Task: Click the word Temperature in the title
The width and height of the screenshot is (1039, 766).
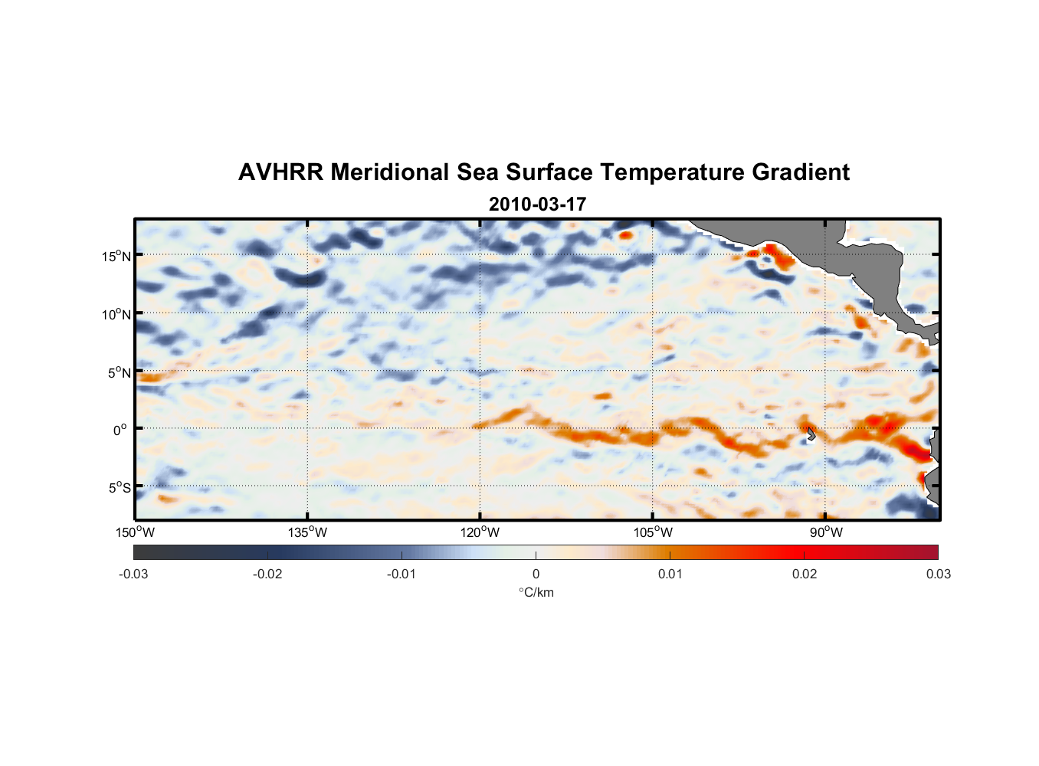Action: point(673,172)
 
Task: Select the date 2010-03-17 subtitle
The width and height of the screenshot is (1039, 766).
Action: point(537,205)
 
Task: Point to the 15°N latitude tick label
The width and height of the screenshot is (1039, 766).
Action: point(116,256)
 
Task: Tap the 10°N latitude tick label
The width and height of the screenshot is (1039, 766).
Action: point(116,314)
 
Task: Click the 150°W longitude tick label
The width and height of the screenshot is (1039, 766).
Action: point(136,532)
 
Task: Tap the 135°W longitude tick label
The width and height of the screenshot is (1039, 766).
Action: point(308,532)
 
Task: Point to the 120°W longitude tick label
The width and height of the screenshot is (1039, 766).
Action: point(480,532)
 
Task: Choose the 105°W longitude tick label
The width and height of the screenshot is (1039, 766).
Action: point(653,532)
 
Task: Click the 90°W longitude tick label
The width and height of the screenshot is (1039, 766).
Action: point(826,532)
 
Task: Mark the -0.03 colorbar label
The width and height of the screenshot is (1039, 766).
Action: point(133,574)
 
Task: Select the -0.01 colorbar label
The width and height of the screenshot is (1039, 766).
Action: point(402,574)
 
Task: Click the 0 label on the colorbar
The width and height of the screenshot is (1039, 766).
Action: point(536,574)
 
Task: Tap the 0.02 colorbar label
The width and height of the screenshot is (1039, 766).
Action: point(805,574)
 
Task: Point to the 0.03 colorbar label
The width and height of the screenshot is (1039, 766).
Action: point(938,574)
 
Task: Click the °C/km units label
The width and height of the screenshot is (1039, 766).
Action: point(536,592)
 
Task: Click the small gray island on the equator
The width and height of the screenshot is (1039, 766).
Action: point(811,434)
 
